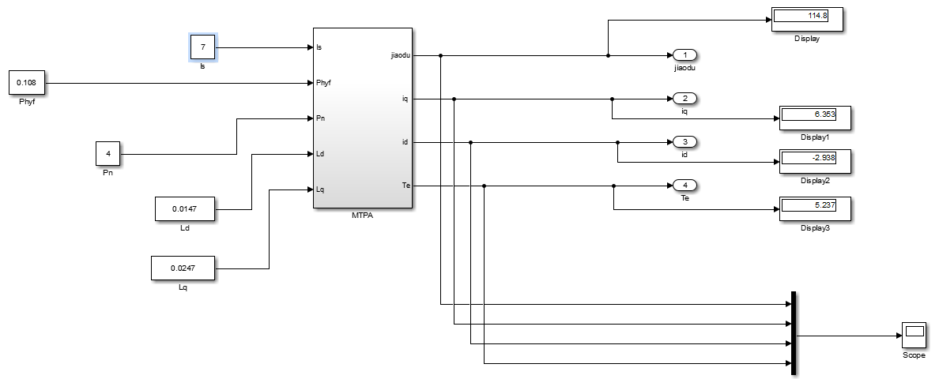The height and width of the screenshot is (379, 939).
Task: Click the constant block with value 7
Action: coord(203,47)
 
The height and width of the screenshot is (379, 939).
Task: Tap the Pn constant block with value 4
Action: coord(107,154)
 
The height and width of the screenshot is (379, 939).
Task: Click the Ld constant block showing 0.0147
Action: coord(185,209)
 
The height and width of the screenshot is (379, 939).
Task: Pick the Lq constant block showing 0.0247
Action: coord(183,268)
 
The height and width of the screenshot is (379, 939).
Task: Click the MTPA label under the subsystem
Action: coord(362,215)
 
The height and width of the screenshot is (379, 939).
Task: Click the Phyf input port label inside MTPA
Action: coord(324,83)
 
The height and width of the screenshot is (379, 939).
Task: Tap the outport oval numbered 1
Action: coord(684,55)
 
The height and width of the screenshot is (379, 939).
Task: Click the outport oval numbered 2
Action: coord(684,99)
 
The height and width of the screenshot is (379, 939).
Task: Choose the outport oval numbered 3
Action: coord(684,142)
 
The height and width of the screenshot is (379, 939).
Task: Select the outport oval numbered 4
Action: coord(684,186)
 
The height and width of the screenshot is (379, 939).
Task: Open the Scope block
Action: coord(914,335)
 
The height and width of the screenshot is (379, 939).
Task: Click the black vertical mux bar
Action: coord(792,333)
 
